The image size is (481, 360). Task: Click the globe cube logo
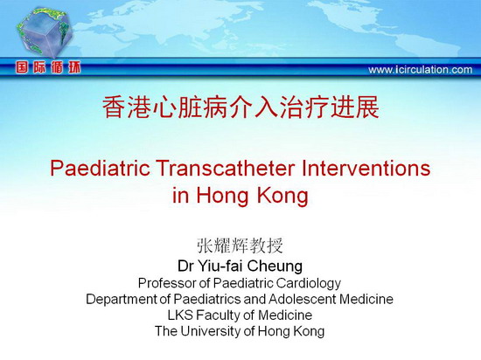pyautogui.click(x=45, y=32)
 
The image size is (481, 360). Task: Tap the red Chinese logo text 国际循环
pyautogui.click(x=48, y=67)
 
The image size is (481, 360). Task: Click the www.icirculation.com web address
pyautogui.click(x=421, y=70)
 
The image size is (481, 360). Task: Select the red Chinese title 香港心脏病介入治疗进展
pyautogui.click(x=240, y=107)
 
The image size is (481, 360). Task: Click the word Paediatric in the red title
pyautogui.click(x=101, y=169)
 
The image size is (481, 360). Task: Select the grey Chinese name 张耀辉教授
pyautogui.click(x=240, y=246)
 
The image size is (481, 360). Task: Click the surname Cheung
pyautogui.click(x=275, y=266)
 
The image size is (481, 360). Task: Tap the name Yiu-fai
pyautogui.click(x=220, y=266)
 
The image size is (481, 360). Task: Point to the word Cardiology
pyautogui.click(x=309, y=284)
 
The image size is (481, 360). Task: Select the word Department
pyautogui.click(x=122, y=300)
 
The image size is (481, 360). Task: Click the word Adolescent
pyautogui.click(x=303, y=299)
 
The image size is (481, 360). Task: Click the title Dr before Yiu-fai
pyautogui.click(x=185, y=266)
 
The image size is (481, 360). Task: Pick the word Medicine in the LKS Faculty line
pyautogui.click(x=285, y=315)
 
